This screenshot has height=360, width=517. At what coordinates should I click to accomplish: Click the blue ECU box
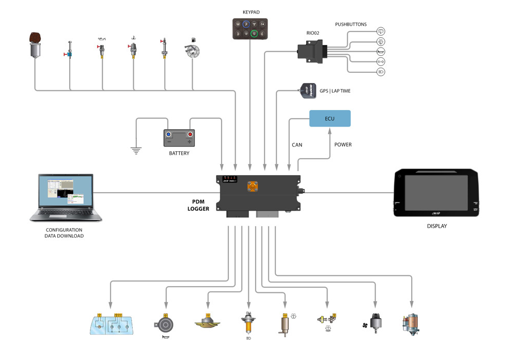point(330,119)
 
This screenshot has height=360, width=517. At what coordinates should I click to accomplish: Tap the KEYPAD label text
point(251,12)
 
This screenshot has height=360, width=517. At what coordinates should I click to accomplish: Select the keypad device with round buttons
point(250,29)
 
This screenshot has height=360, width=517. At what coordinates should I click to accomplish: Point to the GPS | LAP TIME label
point(335,91)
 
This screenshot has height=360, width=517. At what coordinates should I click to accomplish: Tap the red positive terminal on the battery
point(190,134)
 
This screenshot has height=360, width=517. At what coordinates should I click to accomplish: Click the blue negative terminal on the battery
point(168,134)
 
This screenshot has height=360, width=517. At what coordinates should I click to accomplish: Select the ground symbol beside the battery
point(136,150)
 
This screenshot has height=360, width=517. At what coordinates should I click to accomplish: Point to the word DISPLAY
point(436,226)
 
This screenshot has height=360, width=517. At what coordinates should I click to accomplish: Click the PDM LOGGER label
point(198,205)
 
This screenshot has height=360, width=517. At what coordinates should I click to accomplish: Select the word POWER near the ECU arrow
point(343,145)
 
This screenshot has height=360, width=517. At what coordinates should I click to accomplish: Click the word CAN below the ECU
point(297,145)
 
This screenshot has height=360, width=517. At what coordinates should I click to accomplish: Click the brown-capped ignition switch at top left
point(35,44)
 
